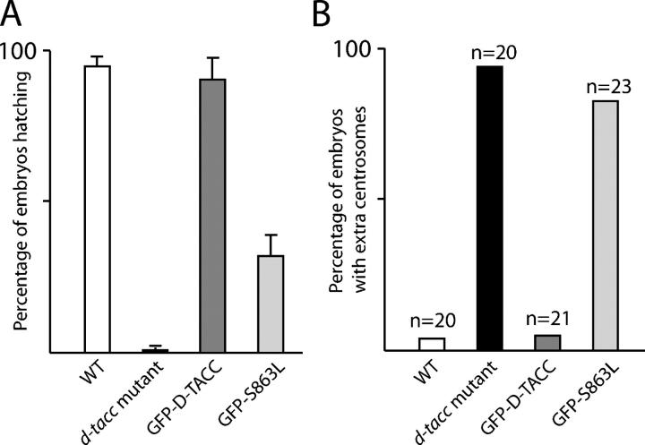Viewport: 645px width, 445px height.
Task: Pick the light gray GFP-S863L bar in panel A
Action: pyautogui.click(x=270, y=304)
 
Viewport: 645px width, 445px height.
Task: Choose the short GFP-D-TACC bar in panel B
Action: pyautogui.click(x=547, y=343)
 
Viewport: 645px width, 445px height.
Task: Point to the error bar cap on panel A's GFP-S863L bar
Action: pyautogui.click(x=270, y=235)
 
